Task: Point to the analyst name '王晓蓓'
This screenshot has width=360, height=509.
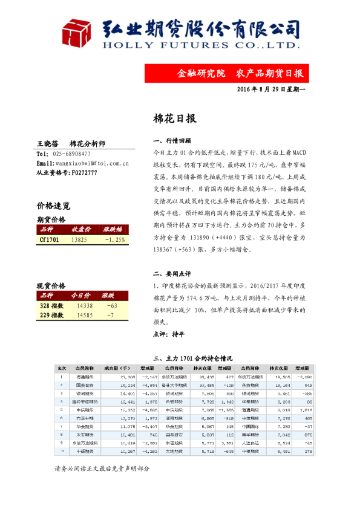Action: click(47, 144)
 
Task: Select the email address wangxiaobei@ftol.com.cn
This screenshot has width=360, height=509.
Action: click(89, 163)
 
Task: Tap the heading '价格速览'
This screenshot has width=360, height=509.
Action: click(53, 206)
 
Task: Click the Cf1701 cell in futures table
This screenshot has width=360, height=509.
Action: click(48, 240)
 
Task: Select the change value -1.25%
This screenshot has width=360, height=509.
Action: click(114, 240)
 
